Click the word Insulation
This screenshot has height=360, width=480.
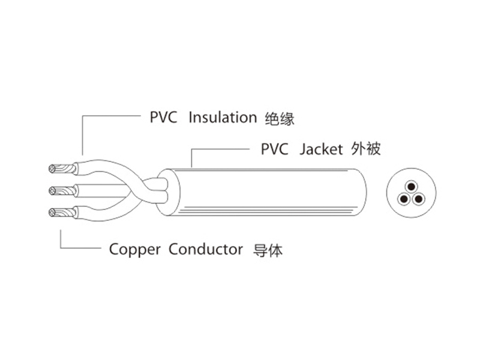pyautogui.click(x=222, y=118)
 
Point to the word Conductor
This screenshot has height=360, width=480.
pyautogui.click(x=205, y=249)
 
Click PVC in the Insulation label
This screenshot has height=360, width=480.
pyautogui.click(x=163, y=118)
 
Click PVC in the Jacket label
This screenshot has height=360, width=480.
pyautogui.click(x=275, y=148)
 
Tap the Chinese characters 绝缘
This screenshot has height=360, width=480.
pyautogui.click(x=280, y=118)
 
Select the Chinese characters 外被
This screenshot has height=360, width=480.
pyautogui.click(x=365, y=148)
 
